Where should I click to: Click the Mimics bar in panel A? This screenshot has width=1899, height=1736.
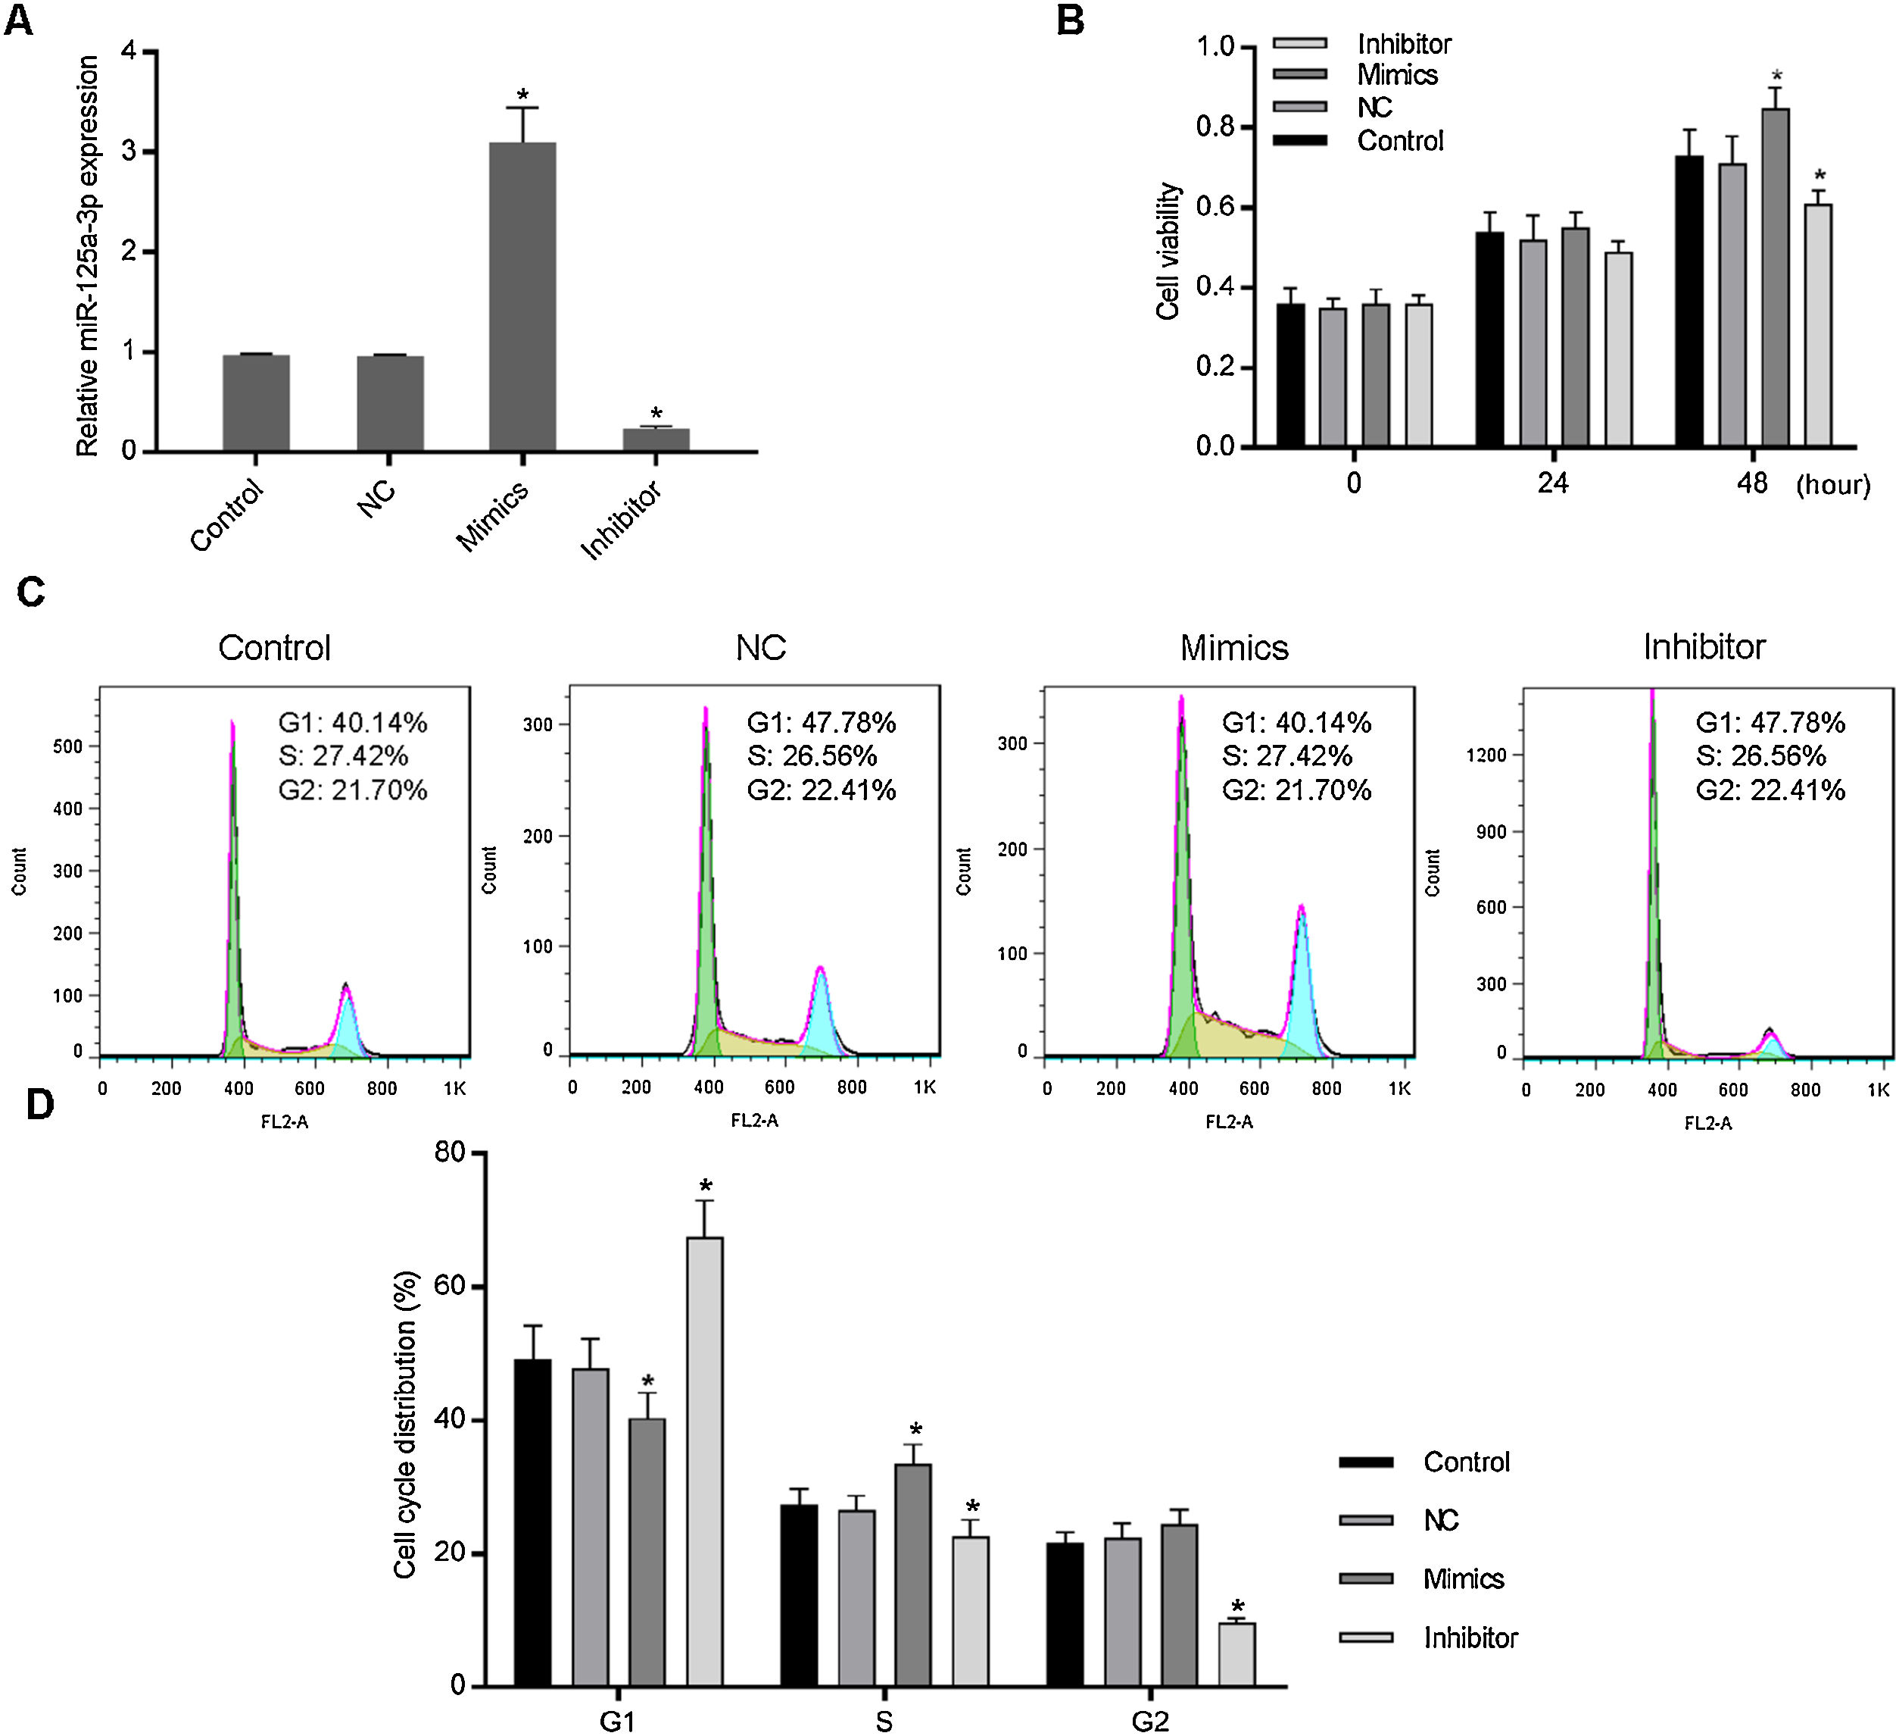522,297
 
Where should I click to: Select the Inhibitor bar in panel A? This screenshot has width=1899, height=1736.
656,440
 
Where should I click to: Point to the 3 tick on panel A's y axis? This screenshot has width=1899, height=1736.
129,152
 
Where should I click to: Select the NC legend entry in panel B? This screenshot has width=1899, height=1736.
1374,108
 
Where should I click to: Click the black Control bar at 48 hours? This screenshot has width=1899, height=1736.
1689,301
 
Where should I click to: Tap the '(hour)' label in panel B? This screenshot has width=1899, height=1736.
1832,486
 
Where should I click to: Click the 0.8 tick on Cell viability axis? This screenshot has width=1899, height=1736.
1215,127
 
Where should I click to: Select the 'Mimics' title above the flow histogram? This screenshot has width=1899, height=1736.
1234,647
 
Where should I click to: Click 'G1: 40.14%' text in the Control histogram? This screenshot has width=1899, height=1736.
352,723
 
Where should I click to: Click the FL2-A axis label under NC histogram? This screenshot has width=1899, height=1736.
754,1121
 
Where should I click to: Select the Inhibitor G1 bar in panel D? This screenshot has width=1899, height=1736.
705,1461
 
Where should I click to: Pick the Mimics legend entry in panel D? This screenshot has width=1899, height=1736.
1463,1578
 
